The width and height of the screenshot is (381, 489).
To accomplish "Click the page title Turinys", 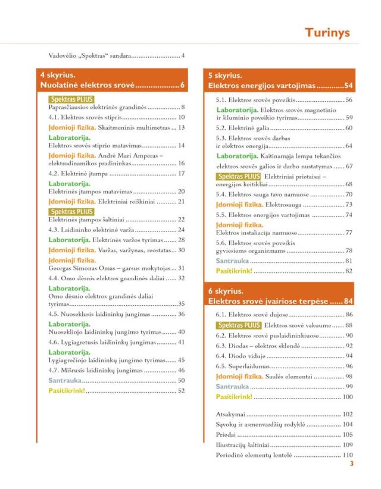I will point(327,32).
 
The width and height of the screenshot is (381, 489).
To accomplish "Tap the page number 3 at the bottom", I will point(351,464).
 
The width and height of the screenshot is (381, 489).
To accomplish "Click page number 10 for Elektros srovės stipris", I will point(181,118).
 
